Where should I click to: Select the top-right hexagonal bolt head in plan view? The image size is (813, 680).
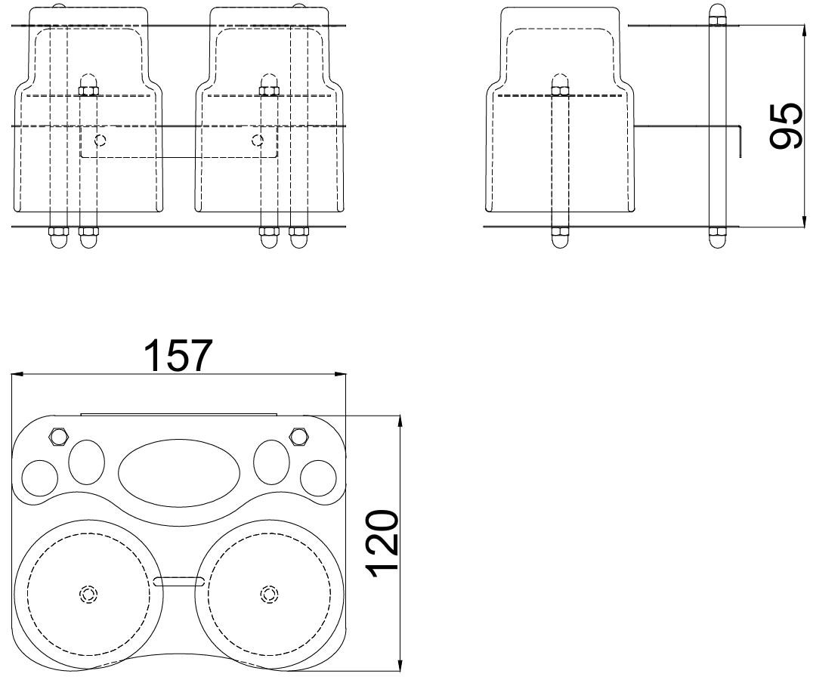coord(298,435)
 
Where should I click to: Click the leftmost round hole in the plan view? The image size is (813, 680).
coord(39,477)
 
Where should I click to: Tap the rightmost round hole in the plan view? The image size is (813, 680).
coord(317,477)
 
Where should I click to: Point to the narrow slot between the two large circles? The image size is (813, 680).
coord(179,581)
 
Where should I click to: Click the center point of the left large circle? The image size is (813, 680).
coord(88,594)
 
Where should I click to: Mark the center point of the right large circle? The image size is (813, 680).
coord(267,594)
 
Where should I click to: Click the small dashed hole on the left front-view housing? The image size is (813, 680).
coord(100,140)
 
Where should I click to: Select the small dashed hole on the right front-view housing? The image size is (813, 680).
coord(258,140)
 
